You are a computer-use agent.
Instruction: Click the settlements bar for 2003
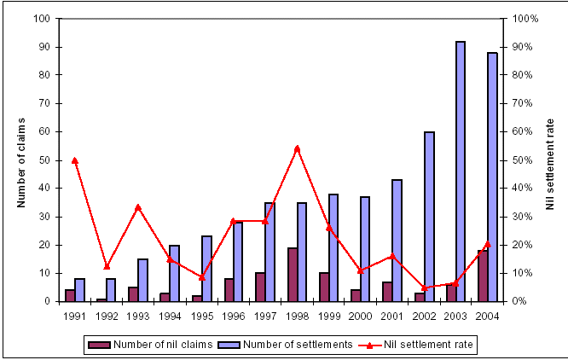[461, 171]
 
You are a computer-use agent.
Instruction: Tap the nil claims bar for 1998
[292, 274]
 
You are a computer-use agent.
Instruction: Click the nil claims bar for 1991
[69, 295]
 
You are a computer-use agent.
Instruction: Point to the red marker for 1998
[297, 148]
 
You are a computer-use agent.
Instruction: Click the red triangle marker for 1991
[75, 160]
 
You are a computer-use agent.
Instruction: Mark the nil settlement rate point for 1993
[138, 207]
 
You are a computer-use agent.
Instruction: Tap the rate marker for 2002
[424, 287]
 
